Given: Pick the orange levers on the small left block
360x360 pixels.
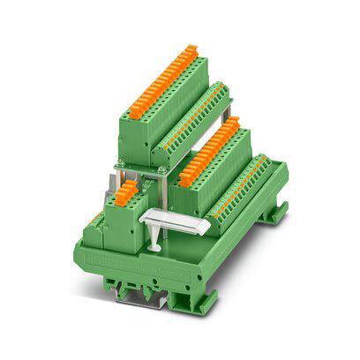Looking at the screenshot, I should pyautogui.click(x=127, y=191).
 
